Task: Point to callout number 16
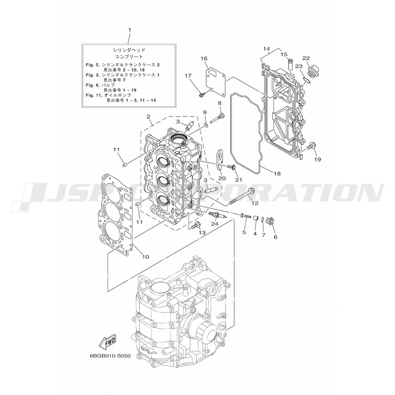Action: click(204, 59)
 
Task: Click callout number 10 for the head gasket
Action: click(146, 257)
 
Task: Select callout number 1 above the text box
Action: click(130, 30)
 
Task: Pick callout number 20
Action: click(222, 179)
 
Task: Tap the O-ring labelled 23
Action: click(307, 81)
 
